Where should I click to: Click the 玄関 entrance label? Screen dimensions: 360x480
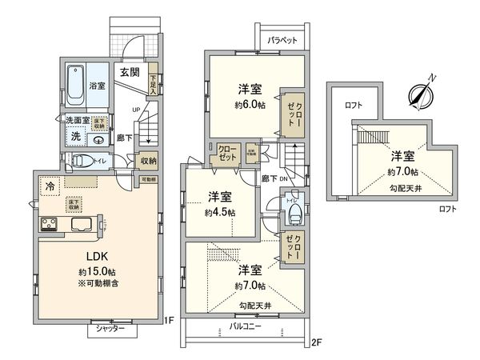pos(130,72)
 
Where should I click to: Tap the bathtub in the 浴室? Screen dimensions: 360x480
pos(78,86)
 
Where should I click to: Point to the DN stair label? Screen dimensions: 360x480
pos(282,180)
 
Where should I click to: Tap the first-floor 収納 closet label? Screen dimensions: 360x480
pos(149,160)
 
